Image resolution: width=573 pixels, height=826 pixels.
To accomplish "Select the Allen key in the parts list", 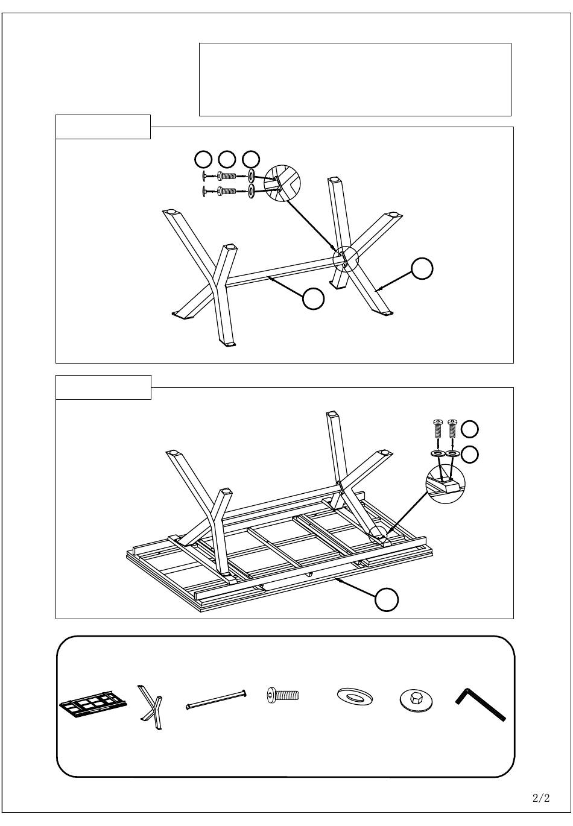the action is coord(480,704).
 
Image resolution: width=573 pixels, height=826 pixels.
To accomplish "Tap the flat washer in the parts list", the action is coord(355,695).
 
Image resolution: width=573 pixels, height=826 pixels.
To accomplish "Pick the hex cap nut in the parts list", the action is coord(416,699).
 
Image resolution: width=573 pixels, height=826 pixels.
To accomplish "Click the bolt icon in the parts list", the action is coord(283,695).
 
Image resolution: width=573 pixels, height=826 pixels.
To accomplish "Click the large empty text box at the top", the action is coord(355,80).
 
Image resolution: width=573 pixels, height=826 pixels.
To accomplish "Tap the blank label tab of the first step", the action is coord(103,127).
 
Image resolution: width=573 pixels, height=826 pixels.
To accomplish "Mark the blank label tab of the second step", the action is coord(103,387).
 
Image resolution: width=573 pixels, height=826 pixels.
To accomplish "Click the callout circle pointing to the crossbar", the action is coord(313,298).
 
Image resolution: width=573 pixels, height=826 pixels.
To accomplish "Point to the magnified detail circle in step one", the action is coord(283,183).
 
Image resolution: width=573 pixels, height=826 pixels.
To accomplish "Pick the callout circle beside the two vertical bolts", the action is coord(470,429).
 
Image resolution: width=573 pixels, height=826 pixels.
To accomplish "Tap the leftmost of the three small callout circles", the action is coord(203,160).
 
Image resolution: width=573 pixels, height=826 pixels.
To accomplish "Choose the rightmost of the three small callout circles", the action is coord(251,160).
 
